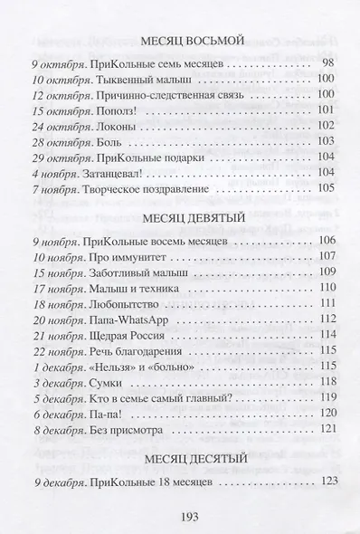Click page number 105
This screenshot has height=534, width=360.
pos(327,187)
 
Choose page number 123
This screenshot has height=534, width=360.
pos(327,459)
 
